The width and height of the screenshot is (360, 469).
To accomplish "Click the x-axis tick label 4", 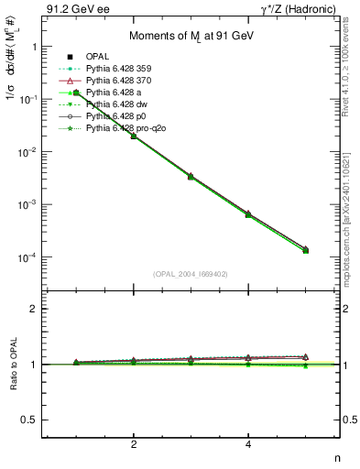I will (x=249, y=445).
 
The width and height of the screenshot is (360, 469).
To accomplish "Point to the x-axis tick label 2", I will (x=134, y=445).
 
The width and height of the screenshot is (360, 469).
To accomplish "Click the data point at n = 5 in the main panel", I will (x=305, y=250).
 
